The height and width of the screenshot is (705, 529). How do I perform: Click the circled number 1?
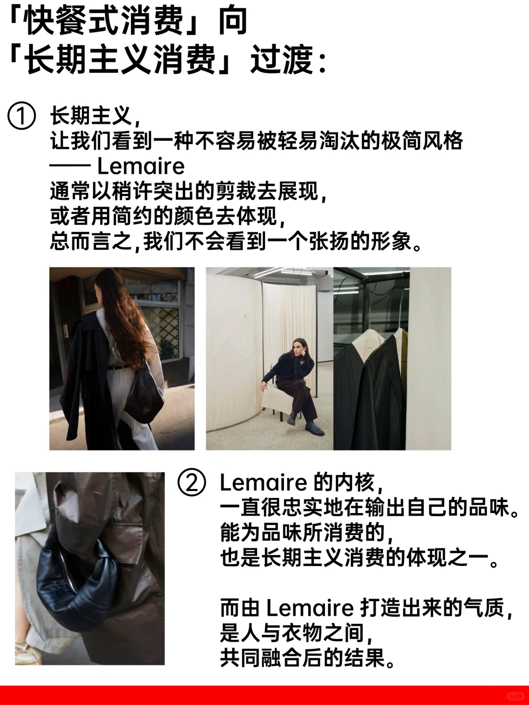coord(22,117)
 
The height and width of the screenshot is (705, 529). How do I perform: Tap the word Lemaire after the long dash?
coord(141,166)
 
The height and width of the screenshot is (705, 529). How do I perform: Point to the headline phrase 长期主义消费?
coord(121,61)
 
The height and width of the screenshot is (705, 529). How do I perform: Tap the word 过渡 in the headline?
coord(281,61)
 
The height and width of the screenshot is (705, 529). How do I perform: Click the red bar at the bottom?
coord(264,695)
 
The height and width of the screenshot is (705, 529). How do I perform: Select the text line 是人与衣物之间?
coord(297,634)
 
